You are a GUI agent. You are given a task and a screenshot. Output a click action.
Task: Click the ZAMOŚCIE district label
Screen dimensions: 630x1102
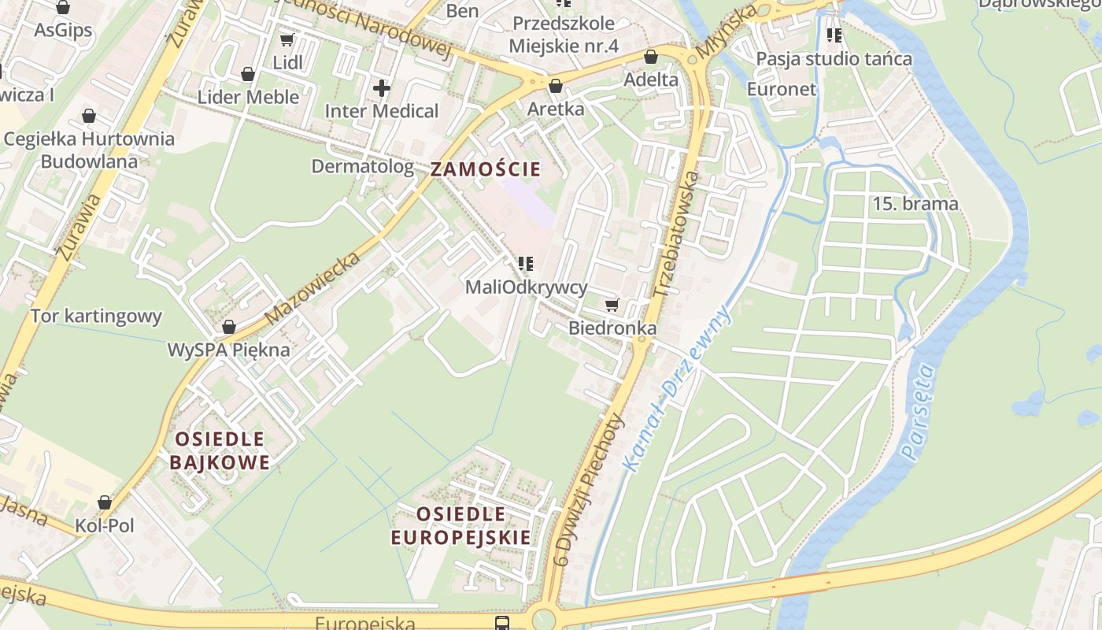pyautogui.click(x=486, y=169)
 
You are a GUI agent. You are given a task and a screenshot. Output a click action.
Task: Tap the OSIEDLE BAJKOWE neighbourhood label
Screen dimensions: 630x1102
pyautogui.click(x=220, y=450)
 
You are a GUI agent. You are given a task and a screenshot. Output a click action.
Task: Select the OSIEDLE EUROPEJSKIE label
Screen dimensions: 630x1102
pyautogui.click(x=461, y=526)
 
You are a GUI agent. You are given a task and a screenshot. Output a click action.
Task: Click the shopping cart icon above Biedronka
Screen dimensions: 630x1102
pyautogui.click(x=612, y=305)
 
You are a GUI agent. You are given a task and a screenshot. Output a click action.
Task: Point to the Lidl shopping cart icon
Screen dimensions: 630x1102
pyautogui.click(x=287, y=39)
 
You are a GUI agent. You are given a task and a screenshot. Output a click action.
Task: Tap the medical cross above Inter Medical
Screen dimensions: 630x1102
pyautogui.click(x=382, y=87)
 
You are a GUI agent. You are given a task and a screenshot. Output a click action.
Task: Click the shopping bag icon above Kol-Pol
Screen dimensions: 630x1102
pyautogui.click(x=105, y=502)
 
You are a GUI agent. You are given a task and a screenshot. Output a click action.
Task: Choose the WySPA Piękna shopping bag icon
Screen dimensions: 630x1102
pyautogui.click(x=229, y=327)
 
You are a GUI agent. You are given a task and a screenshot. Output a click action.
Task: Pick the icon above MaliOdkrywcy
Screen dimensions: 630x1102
pyautogui.click(x=526, y=264)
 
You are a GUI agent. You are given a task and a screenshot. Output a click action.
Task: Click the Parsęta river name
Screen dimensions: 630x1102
pyautogui.click(x=919, y=411)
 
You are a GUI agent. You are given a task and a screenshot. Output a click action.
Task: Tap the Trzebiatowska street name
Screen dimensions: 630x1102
pyautogui.click(x=676, y=234)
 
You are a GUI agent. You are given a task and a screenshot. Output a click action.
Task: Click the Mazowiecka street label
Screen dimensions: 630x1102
pyautogui.click(x=312, y=288)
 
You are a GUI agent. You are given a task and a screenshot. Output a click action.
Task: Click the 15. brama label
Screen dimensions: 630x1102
pyautogui.click(x=915, y=204)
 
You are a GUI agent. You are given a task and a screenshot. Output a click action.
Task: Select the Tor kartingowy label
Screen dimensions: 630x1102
pyautogui.click(x=96, y=317)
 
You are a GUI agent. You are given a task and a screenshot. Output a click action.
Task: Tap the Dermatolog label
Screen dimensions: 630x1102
pyautogui.click(x=363, y=166)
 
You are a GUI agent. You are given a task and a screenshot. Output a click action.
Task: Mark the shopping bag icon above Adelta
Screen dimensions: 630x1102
pyautogui.click(x=651, y=57)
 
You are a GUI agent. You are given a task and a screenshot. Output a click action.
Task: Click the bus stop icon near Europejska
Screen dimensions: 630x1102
pyautogui.click(x=501, y=623)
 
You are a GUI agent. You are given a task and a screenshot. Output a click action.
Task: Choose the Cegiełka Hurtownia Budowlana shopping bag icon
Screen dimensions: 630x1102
pyautogui.click(x=89, y=117)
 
